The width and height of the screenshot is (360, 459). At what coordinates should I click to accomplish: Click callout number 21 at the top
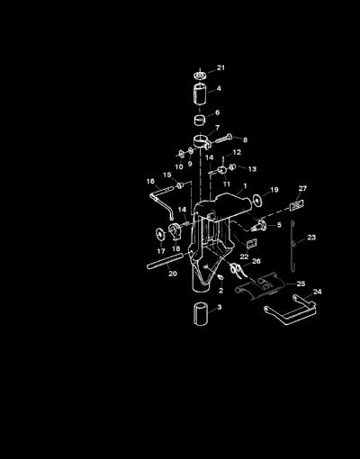pos(220,67)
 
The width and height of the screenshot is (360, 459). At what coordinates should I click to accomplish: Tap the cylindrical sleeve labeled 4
pos(200,94)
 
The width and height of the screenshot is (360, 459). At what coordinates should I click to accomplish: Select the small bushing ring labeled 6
pos(200,120)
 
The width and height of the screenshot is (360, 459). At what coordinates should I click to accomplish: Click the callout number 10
pos(179,166)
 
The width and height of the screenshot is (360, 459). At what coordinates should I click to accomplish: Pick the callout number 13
pos(252,169)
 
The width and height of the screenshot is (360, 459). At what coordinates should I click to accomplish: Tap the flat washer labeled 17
pos(160,234)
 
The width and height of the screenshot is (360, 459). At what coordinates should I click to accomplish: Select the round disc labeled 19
pos(256,201)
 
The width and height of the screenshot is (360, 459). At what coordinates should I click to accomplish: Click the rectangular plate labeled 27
pos(297,206)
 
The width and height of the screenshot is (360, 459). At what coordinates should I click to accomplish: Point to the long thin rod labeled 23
pos(292,246)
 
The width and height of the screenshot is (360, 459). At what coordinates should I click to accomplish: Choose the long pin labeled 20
pos(165,260)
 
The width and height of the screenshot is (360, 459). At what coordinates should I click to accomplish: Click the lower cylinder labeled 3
pos(201,314)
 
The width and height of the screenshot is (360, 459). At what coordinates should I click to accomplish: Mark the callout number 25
pos(301,283)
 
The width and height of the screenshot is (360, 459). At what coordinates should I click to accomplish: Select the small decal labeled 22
pos(252,243)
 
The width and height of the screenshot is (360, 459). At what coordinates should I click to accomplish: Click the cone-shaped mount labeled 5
pos(259,226)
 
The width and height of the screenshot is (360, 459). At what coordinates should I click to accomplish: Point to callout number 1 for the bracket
pos(245,186)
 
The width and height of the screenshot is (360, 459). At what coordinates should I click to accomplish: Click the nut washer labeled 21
pos(201,75)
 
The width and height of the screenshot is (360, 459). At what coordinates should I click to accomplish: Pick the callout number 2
pos(221,291)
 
